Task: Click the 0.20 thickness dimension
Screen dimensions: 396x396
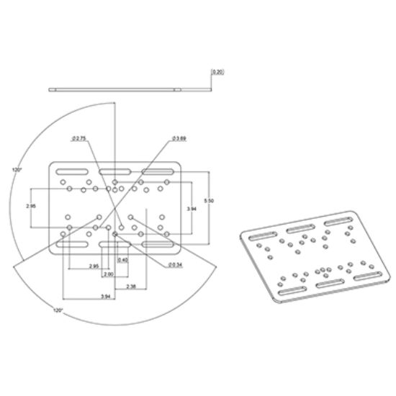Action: (217, 72)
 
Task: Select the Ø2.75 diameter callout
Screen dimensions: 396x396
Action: (80, 137)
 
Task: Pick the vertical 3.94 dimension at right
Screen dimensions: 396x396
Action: (190, 207)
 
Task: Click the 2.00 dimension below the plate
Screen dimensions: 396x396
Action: (108, 274)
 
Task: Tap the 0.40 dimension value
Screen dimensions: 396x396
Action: (122, 259)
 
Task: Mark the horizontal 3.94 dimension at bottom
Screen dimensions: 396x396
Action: (105, 297)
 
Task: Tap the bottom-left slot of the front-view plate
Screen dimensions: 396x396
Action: (71, 246)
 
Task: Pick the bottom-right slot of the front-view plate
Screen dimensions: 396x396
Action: (159, 246)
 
